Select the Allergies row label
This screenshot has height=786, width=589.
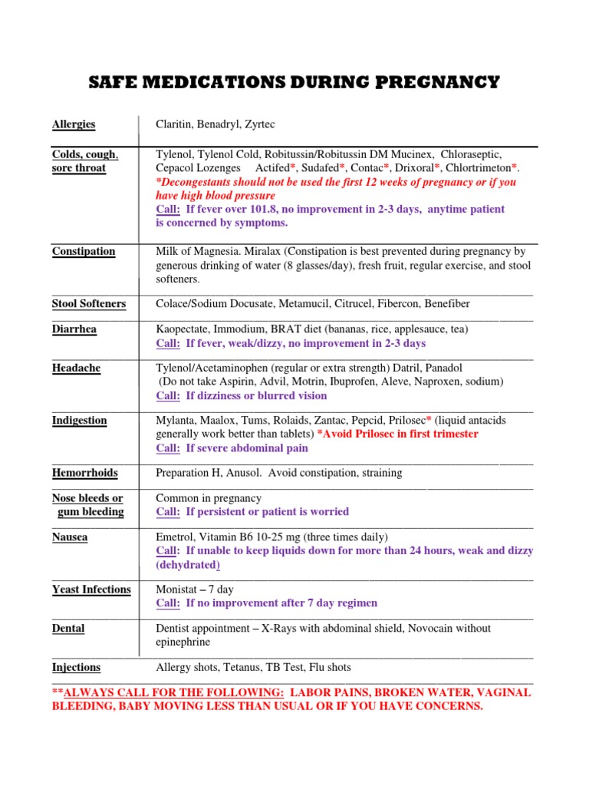tap(74, 124)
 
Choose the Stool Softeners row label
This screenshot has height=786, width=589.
tap(89, 303)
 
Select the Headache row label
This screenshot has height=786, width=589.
tap(76, 368)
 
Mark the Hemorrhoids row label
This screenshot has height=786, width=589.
tap(84, 472)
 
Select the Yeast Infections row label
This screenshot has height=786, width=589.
tap(91, 589)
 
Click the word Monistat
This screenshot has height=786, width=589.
tap(179, 589)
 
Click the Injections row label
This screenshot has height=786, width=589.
tap(76, 667)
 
